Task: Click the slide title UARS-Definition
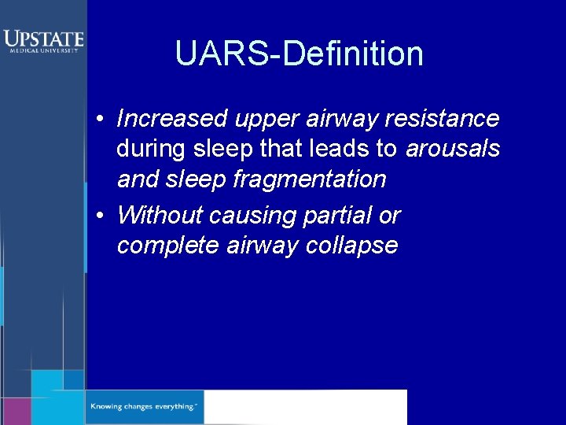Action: point(299,54)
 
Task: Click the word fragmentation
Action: point(310,179)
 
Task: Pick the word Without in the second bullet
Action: point(160,215)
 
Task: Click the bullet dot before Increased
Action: point(101,120)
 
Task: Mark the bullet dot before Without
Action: point(101,216)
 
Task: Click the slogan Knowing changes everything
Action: point(144,407)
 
